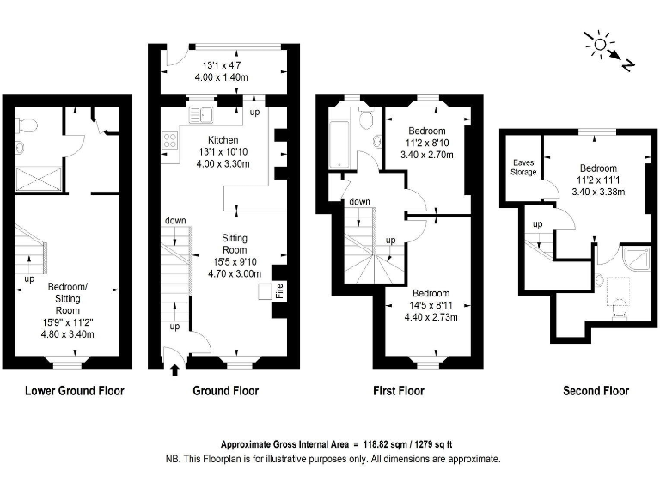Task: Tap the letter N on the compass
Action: point(627,64)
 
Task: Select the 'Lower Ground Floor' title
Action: point(75,391)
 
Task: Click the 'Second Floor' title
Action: point(596,391)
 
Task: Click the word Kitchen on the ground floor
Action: point(223,139)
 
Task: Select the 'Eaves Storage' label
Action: point(524,167)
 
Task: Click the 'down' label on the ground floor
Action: point(175,221)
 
